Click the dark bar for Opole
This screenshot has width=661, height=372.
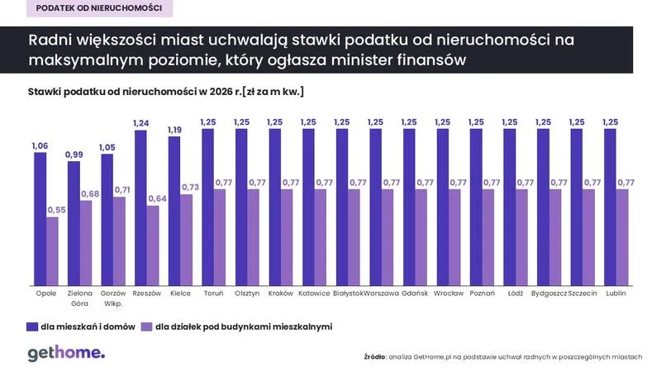pyautogui.click(x=40, y=219)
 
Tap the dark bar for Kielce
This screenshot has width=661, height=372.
pyautogui.click(x=174, y=211)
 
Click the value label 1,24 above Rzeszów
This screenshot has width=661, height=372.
pyautogui.click(x=140, y=123)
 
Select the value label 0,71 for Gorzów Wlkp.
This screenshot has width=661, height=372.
pyautogui.click(x=120, y=190)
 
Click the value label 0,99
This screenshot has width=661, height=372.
pyautogui.click(x=74, y=155)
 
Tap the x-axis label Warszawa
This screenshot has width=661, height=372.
pyautogui.click(x=382, y=293)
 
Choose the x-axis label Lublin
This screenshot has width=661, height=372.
pyautogui.click(x=616, y=293)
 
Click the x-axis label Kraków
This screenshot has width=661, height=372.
pyautogui.click(x=281, y=293)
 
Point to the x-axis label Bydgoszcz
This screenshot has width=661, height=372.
pyautogui.click(x=549, y=293)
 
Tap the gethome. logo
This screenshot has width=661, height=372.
pyautogui.click(x=66, y=354)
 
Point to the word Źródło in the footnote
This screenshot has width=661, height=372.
pyautogui.click(x=374, y=356)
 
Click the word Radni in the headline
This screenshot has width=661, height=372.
pyautogui.click(x=50, y=41)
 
